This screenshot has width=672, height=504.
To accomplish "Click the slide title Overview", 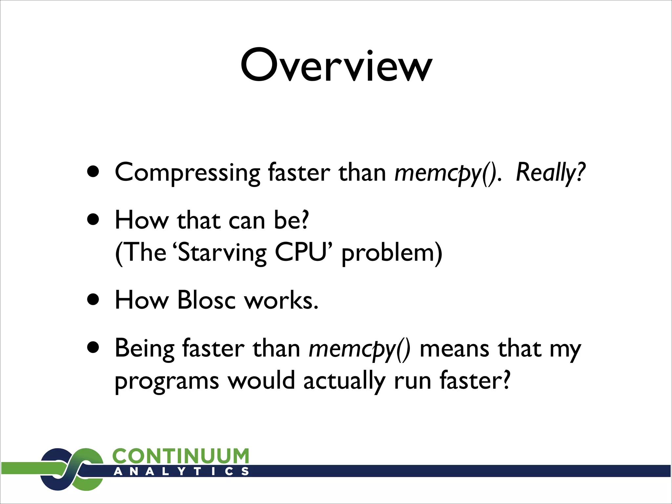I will (x=336, y=66).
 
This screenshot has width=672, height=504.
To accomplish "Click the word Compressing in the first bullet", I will (x=187, y=173).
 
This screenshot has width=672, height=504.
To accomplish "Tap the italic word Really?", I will (x=551, y=173).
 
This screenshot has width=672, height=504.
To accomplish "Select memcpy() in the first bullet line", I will (x=448, y=173).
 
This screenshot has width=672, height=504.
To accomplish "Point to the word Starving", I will (x=222, y=253).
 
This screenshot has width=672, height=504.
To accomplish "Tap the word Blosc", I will (x=206, y=300).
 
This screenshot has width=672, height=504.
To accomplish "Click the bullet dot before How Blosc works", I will (x=94, y=299).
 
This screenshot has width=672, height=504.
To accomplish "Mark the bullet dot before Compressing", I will (x=94, y=172).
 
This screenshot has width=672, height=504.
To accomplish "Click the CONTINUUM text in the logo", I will (x=181, y=456).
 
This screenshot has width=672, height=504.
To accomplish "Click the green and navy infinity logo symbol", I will (x=72, y=469).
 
